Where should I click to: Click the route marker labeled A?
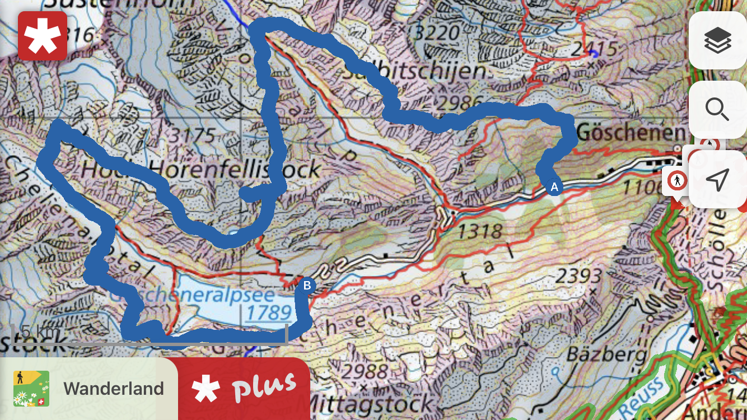(x=554, y=187)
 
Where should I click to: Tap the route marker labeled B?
(x=307, y=286)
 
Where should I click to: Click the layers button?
(x=717, y=41)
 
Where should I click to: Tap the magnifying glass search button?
(x=717, y=109)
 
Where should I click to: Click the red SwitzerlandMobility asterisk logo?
(x=43, y=35)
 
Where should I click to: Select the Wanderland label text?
(x=114, y=389)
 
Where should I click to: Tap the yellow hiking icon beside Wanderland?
(x=31, y=389)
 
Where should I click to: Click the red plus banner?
(x=244, y=389)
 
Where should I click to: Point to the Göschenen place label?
(x=631, y=133)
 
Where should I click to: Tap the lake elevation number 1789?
(x=269, y=312)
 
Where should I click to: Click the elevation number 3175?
(x=193, y=136)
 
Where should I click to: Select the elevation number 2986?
(x=460, y=102)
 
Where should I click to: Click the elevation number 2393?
(x=579, y=276)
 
